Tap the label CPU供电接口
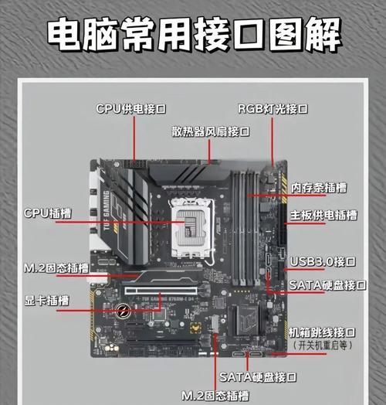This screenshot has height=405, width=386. click(x=131, y=108)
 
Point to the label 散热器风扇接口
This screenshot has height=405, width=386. click(x=211, y=132)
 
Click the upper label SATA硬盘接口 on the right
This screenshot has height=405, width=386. click(x=327, y=285)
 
